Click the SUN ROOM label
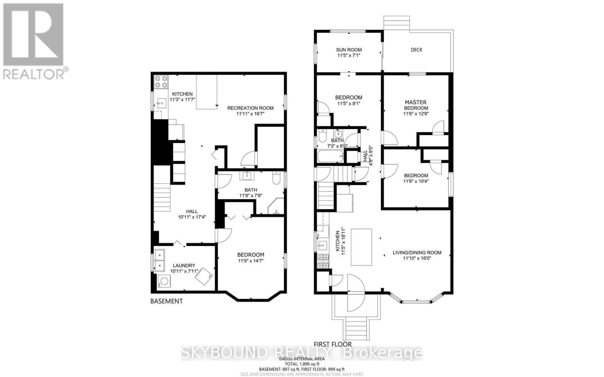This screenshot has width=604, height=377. pos(349,49)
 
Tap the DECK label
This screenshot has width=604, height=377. pos(416,49)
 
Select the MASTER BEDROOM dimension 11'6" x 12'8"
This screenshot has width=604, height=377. pos(416,114)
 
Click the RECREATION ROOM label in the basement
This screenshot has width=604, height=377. pos(250,108)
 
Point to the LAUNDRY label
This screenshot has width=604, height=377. pos(182,265)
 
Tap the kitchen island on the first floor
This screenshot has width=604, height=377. pos(361,247)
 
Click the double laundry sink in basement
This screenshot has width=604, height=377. pos(160,261)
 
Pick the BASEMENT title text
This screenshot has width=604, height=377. pos(166,301)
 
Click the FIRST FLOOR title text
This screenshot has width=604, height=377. pos(333,344)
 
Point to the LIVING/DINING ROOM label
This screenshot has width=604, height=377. pos(417,253)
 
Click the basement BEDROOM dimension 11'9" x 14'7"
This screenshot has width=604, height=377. pos(251,261)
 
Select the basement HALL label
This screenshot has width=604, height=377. pos(191,211)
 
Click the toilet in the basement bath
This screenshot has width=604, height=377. pos(276,177)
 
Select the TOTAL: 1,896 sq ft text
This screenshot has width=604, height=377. pos(302,364)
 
